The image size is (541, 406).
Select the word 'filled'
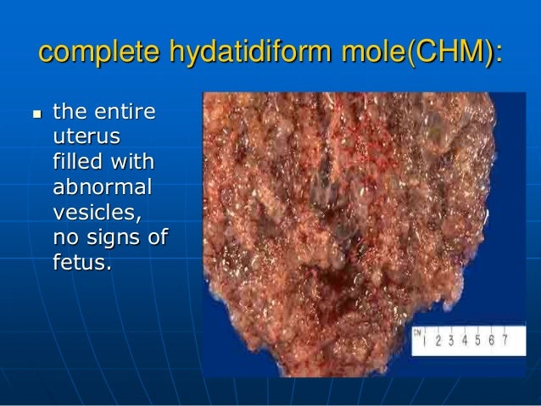pos(79,160)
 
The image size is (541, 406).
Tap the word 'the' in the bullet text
pos(69,112)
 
